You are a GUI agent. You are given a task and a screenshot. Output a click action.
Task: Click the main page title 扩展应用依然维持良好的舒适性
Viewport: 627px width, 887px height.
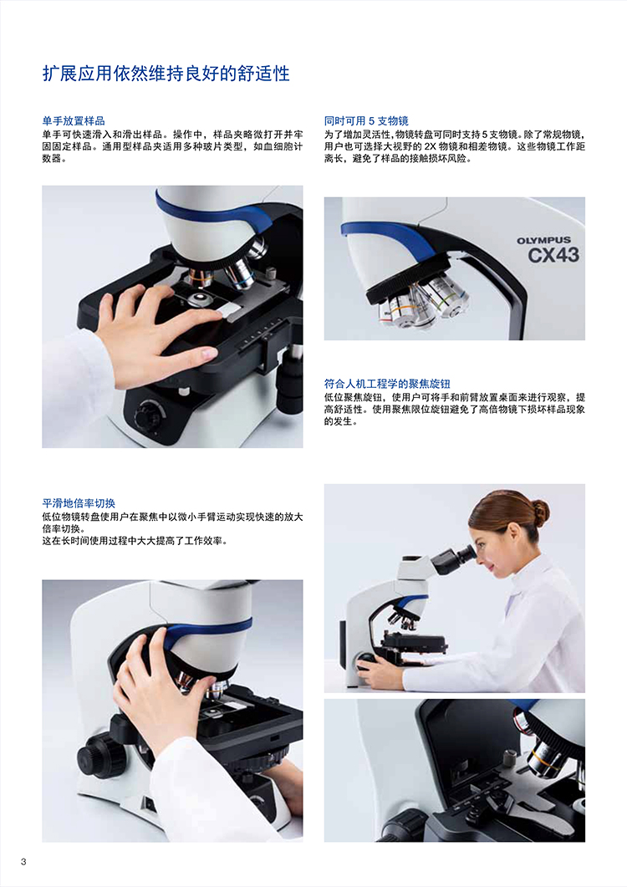coord(166,74)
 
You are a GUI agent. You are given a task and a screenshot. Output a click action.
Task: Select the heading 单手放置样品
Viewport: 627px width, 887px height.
coord(74,121)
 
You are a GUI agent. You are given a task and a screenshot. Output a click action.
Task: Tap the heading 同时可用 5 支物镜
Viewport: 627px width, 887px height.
coord(366,121)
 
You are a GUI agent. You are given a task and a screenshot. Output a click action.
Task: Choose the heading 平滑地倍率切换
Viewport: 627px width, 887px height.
coord(79,503)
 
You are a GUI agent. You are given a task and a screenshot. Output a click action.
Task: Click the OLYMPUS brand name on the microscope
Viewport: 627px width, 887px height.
coord(543,241)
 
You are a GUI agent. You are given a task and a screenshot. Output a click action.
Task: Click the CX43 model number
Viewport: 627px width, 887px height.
coord(553,256)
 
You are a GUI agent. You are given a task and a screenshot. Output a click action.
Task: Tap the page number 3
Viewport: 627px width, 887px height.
coord(23,862)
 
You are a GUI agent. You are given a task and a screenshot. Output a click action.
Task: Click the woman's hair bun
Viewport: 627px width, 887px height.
coord(540,511)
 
